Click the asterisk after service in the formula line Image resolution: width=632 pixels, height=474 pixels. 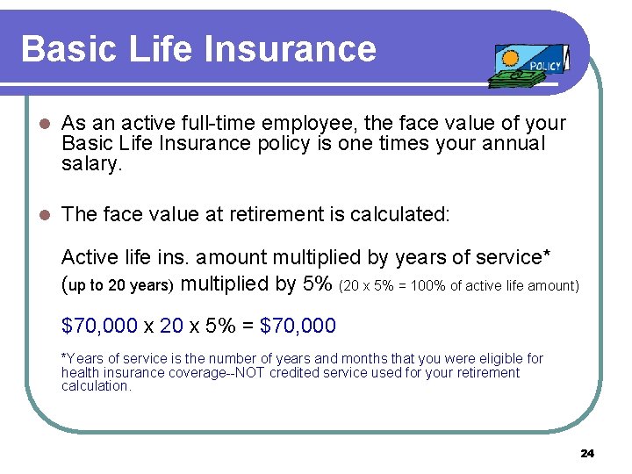point(547,255)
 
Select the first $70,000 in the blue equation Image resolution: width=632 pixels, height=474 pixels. point(99,326)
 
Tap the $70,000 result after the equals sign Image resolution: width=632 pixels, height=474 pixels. point(298,326)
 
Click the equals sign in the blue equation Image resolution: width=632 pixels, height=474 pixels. point(246,327)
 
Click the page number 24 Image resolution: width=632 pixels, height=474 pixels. point(587,453)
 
